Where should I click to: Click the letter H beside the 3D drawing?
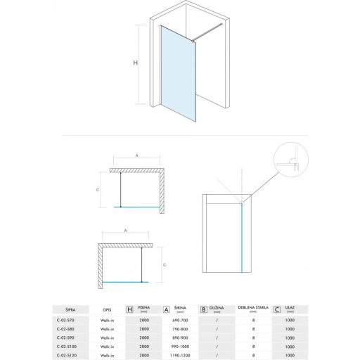coord(134,63)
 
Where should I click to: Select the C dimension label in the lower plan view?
coord(164,265)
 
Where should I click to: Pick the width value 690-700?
coord(181,319)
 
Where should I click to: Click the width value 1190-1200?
coord(181,354)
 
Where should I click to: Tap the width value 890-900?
coord(181,337)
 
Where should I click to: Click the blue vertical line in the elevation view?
coord(243,239)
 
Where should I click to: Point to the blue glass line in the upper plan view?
coord(137,207)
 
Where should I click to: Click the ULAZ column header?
coord(290,307)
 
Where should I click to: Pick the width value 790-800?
coord(181,328)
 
